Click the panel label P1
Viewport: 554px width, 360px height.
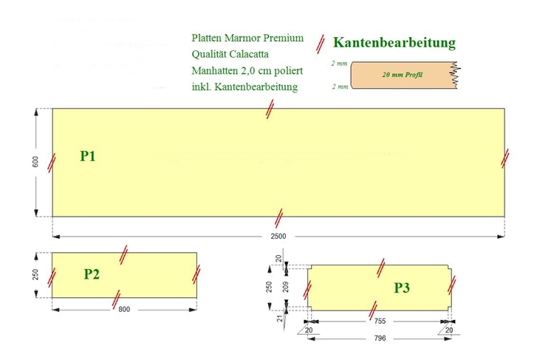(88, 156)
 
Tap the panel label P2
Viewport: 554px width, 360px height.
(92, 274)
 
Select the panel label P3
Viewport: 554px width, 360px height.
(402, 288)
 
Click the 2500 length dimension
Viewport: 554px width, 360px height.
(278, 237)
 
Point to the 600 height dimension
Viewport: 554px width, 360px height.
(35, 162)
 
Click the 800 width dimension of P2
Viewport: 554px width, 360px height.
(124, 310)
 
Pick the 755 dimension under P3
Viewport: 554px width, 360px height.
(380, 321)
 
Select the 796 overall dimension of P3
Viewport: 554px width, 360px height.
(380, 338)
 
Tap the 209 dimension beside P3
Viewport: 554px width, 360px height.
(286, 286)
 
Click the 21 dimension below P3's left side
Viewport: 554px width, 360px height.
(280, 319)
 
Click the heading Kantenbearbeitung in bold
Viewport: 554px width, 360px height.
(394, 42)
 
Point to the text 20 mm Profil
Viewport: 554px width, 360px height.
(402, 75)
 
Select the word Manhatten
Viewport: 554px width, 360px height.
(215, 71)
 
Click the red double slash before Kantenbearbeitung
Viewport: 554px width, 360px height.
(321, 44)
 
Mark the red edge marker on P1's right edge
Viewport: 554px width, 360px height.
(505, 158)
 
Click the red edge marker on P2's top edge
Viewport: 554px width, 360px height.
(123, 255)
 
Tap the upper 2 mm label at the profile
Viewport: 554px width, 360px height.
(339, 64)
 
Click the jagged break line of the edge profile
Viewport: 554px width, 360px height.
(456, 75)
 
